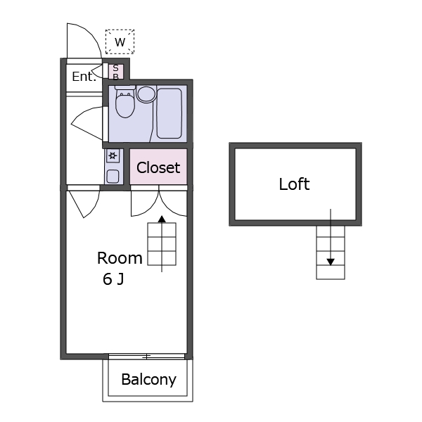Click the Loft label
pos(294,184)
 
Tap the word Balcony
pos(148,380)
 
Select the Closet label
pos(158,167)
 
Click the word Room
pos(120,258)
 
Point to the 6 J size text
pos(113,279)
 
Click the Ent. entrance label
pos(84,77)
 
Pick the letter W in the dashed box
pos(120,42)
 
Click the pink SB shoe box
pos(116,72)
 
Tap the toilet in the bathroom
pos(125,102)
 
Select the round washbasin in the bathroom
pos(146,94)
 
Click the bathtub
pos(170,113)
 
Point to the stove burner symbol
pos(113,155)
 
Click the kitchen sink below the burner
pos(113,177)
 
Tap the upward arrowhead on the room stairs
pos(162,219)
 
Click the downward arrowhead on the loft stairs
pos(331,262)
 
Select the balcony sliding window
pos(147,357)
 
